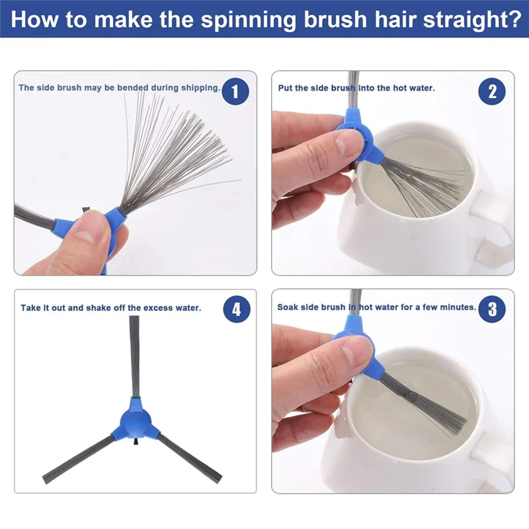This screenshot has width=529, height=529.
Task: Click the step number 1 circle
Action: (x=235, y=91)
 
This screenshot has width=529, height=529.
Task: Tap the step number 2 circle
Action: (x=492, y=91)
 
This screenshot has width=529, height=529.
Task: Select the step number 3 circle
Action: (x=492, y=309)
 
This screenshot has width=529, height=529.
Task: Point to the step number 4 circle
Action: (x=237, y=309)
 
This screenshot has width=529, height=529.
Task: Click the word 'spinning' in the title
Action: (x=249, y=19)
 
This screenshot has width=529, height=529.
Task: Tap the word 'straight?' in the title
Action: (x=472, y=19)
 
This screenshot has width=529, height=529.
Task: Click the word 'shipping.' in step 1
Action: (x=201, y=88)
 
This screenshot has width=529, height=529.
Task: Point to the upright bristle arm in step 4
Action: (x=134, y=356)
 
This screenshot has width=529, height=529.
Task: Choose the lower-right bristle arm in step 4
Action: (x=190, y=458)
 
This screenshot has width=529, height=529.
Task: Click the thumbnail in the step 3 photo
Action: (x=352, y=355)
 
